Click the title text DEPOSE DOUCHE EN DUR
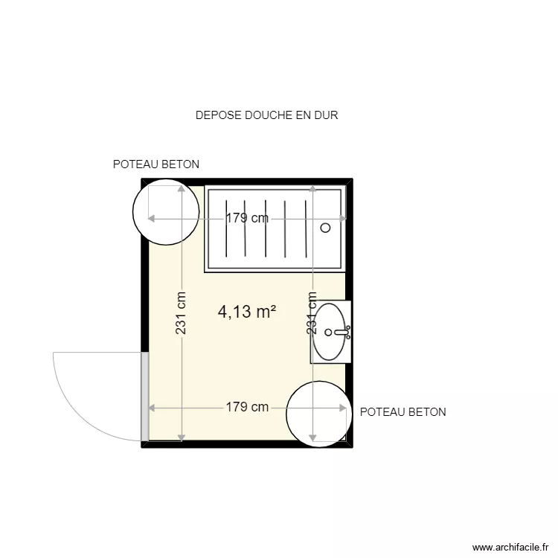click(266, 115)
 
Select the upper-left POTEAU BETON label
click(155, 164)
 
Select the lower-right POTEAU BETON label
click(403, 411)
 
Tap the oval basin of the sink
click(330, 333)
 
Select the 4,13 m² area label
click(247, 312)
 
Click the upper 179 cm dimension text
click(247, 219)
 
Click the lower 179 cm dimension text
click(247, 408)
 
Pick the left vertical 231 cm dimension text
click(181, 312)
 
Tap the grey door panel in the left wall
click(145, 397)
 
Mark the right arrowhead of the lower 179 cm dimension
click(344, 408)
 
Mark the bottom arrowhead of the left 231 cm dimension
click(181, 437)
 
